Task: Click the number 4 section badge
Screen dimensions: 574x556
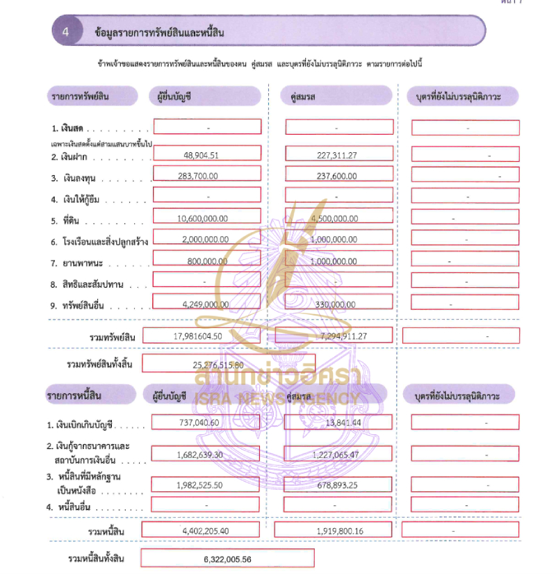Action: point(65,31)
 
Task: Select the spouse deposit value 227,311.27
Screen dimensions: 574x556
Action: point(336,155)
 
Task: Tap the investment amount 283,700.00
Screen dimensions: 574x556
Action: point(202,177)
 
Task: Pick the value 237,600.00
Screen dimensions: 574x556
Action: point(336,177)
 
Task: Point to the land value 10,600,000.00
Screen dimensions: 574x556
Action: point(202,219)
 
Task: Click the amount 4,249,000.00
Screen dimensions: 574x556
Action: point(202,304)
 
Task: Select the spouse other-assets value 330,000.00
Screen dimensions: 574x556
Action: point(336,304)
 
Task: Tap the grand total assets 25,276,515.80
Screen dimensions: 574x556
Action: point(218,364)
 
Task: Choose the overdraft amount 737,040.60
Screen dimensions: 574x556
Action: point(195,423)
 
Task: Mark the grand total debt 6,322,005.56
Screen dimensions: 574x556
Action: point(227,559)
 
